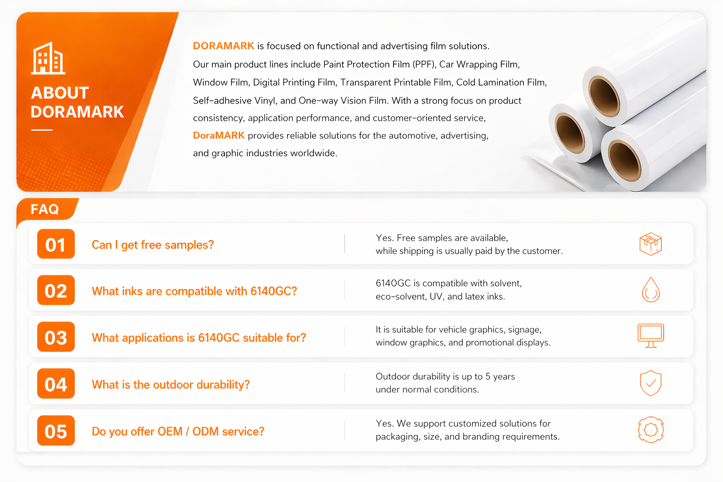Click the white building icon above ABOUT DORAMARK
point(48,58)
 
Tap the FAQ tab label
point(45,209)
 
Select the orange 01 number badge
point(56,244)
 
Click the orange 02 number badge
point(56,290)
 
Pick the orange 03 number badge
point(56,337)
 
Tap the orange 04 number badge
point(56,384)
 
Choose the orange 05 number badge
point(56,431)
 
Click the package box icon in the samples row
point(651,244)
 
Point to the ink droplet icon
point(651,289)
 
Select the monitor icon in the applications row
point(651,336)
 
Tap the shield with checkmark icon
point(651,383)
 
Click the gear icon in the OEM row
point(651,430)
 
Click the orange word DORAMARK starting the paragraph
point(224,46)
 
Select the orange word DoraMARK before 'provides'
point(218,135)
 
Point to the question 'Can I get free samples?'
point(153,245)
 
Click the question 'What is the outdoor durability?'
point(171,385)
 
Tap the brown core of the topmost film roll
point(603,96)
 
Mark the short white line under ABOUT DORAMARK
point(41,130)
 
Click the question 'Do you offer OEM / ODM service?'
point(178,431)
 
